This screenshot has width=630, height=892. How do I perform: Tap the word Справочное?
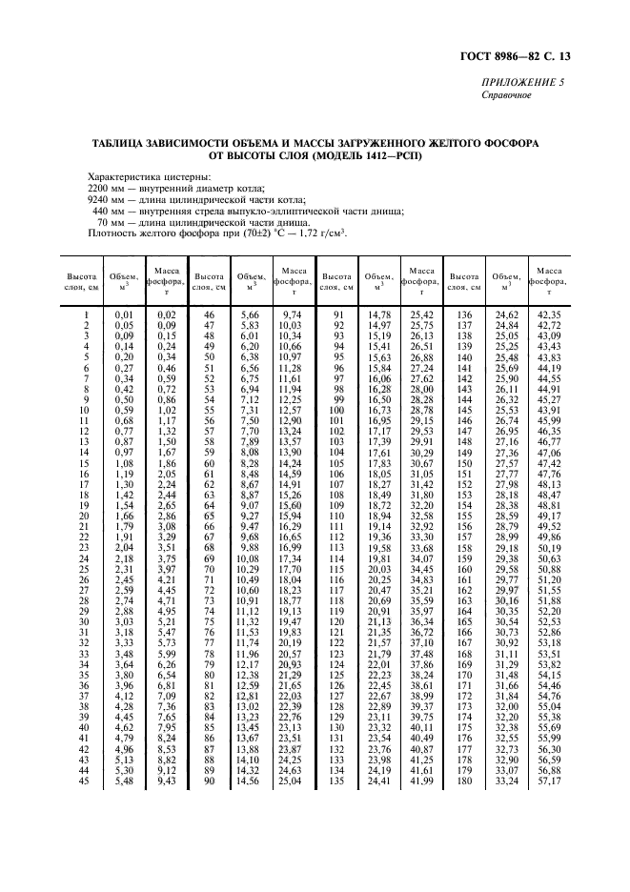507,95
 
